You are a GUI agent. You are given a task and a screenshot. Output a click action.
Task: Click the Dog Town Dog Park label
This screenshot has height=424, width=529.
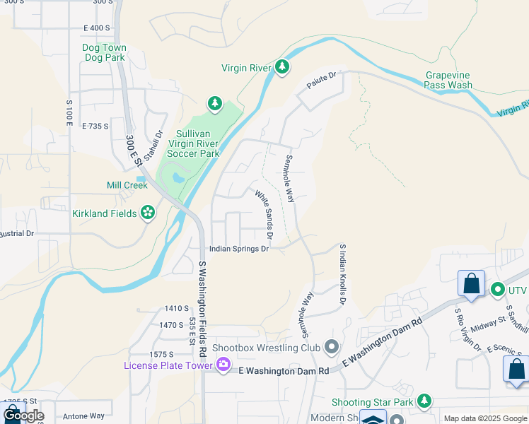pos(104,52)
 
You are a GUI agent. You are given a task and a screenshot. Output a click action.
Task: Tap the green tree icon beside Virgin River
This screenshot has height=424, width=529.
pos(283,67)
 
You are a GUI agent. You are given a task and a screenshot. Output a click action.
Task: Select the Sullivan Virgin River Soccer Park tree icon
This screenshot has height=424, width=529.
pos(214,105)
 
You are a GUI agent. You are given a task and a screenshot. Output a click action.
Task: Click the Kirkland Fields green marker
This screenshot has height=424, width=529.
pos(148,213)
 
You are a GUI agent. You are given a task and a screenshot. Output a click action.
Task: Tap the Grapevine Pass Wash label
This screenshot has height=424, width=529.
pos(448,80)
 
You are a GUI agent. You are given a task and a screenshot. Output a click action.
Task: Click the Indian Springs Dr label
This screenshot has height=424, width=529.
pos(239,249)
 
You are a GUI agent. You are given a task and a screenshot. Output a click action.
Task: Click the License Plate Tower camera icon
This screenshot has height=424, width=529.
pos(223,365)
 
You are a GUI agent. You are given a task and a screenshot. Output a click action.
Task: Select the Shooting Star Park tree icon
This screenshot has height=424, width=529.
pos(424,401)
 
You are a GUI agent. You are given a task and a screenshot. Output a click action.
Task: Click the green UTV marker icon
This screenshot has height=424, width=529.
pos(497,290)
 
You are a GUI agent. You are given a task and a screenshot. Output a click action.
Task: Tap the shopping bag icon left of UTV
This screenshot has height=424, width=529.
pos(471,284)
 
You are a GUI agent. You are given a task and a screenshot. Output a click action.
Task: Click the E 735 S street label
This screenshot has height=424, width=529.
pos(95,126)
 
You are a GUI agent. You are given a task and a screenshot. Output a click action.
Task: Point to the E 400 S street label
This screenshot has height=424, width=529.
pos(97,28)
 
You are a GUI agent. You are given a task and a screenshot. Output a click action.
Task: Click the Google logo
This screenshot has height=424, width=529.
pos(24,416)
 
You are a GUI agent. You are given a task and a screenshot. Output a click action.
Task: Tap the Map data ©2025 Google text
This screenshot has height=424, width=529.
pos(485,418)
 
